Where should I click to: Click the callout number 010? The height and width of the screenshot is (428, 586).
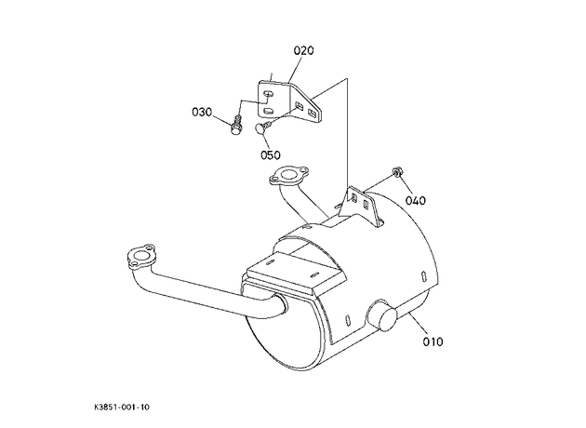433,341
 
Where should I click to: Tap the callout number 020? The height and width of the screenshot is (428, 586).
303,50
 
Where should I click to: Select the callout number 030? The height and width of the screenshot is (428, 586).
202,112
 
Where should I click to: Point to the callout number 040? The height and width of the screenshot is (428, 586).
416,200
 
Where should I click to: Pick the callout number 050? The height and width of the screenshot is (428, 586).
270,154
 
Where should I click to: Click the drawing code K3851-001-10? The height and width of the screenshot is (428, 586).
122,407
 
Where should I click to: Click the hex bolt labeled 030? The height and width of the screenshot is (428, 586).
236,126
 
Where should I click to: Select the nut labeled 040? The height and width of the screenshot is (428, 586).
397,172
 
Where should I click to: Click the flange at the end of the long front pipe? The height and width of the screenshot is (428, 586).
140,257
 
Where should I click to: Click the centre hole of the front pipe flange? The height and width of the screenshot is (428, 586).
140,257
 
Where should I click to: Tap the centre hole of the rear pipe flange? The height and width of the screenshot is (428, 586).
288,174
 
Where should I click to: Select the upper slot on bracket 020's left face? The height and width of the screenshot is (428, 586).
269,93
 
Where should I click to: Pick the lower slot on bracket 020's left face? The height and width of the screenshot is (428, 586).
269,111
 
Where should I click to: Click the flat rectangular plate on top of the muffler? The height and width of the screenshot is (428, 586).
297,272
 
